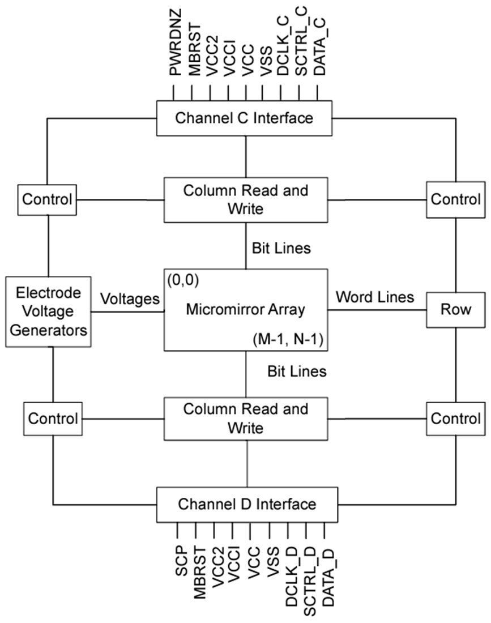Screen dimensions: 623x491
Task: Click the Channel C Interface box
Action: coord(244,118)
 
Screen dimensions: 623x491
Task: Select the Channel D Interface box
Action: coord(246,503)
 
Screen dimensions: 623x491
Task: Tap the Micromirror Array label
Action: coord(245,310)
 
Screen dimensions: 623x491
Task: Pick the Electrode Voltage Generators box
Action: coord(48,311)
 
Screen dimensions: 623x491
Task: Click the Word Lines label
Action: coord(374,297)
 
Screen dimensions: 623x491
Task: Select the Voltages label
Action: coord(130,299)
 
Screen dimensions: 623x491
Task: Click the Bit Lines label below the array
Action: coord(297,372)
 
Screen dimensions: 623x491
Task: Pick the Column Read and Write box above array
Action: coord(245,199)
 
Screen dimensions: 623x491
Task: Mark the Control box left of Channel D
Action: coord(52,419)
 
